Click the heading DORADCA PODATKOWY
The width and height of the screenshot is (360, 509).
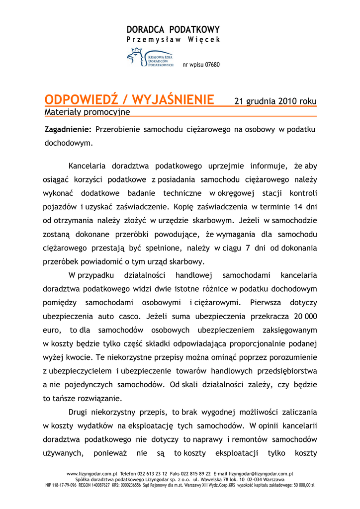pyautogui.click(x=173, y=29)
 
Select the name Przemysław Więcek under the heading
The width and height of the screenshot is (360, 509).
pyautogui.click(x=173, y=39)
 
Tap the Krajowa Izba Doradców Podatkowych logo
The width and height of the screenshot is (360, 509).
pyautogui.click(x=150, y=58)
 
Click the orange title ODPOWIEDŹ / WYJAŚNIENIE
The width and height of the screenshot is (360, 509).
pyautogui.click(x=129, y=100)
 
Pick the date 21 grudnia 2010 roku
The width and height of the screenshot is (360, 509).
pyautogui.click(x=275, y=101)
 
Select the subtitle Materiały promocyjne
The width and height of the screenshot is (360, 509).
pyautogui.click(x=88, y=112)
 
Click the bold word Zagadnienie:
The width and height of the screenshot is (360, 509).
pyautogui.click(x=68, y=129)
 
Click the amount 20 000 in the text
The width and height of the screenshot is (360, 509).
pyautogui.click(x=305, y=316)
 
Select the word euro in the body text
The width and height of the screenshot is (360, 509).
pyautogui.click(x=52, y=330)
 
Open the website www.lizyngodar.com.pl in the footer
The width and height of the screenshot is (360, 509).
pyautogui.click(x=91, y=474)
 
